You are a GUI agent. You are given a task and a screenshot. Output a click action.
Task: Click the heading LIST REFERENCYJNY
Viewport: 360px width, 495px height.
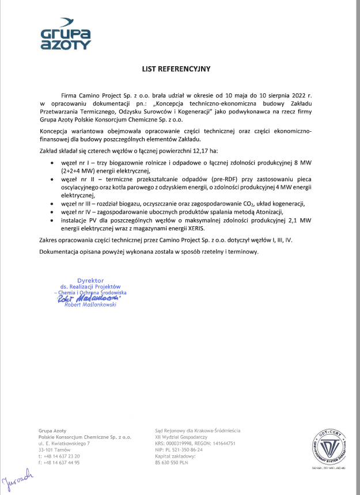coord(177,68)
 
